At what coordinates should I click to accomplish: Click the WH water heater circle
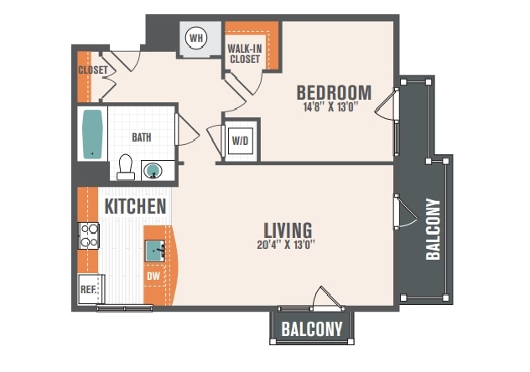coord(196,38)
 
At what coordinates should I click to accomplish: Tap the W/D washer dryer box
coord(241,141)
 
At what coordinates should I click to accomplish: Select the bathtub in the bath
coord(92,134)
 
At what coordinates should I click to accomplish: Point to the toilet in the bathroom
coord(126,167)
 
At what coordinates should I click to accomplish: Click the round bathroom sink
coord(153,170)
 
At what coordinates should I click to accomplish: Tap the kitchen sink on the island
coord(155,251)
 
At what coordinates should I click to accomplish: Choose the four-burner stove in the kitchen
coord(89,235)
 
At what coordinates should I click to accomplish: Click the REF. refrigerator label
coord(89,290)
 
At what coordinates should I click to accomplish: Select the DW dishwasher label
coord(153,276)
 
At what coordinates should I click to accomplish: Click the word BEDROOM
coord(334,92)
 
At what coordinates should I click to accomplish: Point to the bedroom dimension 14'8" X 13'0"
coord(330,107)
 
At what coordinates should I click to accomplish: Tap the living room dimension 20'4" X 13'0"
coord(286,244)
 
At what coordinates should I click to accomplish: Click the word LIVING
coord(288,230)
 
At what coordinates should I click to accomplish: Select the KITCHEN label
coord(135,206)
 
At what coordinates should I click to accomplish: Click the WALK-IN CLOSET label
coord(244,54)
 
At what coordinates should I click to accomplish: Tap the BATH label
coord(141,137)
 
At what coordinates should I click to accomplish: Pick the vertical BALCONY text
coord(433,230)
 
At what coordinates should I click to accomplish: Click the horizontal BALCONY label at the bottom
coord(312,328)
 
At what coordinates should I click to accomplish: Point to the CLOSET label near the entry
coord(93,70)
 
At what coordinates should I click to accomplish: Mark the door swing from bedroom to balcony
coord(386,104)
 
